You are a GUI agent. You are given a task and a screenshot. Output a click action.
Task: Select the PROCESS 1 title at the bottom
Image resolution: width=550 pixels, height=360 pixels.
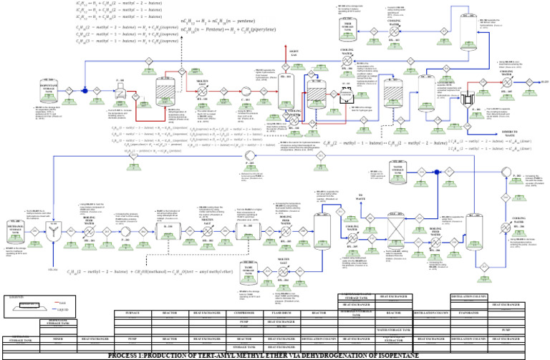275,355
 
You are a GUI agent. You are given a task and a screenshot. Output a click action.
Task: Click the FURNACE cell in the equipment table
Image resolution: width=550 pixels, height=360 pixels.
132,313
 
